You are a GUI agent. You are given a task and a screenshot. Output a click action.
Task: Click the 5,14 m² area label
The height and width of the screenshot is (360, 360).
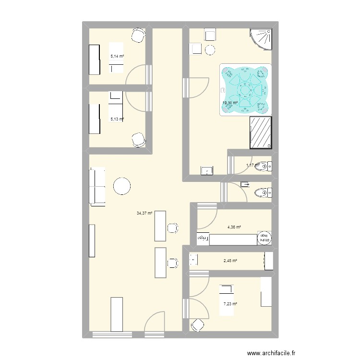tap(117, 56)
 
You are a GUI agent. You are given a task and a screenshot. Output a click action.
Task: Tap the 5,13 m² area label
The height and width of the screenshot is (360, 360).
tap(117, 119)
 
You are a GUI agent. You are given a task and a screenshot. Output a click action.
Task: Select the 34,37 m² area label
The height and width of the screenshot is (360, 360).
tap(144, 213)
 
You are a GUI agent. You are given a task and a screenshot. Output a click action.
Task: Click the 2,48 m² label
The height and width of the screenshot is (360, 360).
tap(230, 261)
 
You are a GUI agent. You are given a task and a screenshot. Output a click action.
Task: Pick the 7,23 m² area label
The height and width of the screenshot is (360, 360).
tap(230, 303)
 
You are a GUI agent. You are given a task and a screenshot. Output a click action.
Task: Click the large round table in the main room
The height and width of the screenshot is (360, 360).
tap(122, 186)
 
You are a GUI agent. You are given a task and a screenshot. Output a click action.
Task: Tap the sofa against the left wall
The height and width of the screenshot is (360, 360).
tap(97, 186)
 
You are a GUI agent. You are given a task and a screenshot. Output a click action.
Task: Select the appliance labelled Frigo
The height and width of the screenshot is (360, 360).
tap(203, 238)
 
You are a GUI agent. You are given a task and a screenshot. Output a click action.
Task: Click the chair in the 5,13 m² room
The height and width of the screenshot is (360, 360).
tap(139, 139)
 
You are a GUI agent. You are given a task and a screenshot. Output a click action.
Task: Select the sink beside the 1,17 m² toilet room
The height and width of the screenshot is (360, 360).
tap(207, 170)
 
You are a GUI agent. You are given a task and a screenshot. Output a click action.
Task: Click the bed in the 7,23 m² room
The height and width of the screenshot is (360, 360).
tap(226, 300)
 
